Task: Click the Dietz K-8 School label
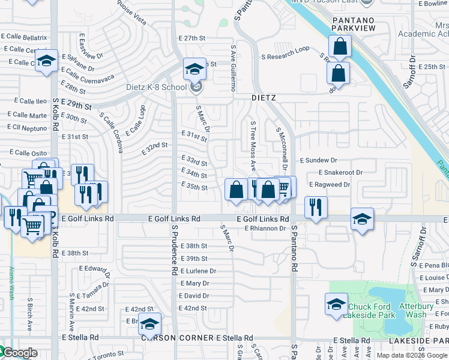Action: [157, 87]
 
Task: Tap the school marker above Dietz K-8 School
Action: [194, 70]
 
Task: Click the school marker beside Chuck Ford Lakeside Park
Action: [336, 304]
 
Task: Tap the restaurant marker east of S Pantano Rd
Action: [315, 207]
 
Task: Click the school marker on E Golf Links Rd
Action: [362, 219]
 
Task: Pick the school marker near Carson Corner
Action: [149, 324]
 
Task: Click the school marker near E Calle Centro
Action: [46, 61]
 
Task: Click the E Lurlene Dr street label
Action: [197, 271]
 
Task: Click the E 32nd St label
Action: [154, 148]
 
